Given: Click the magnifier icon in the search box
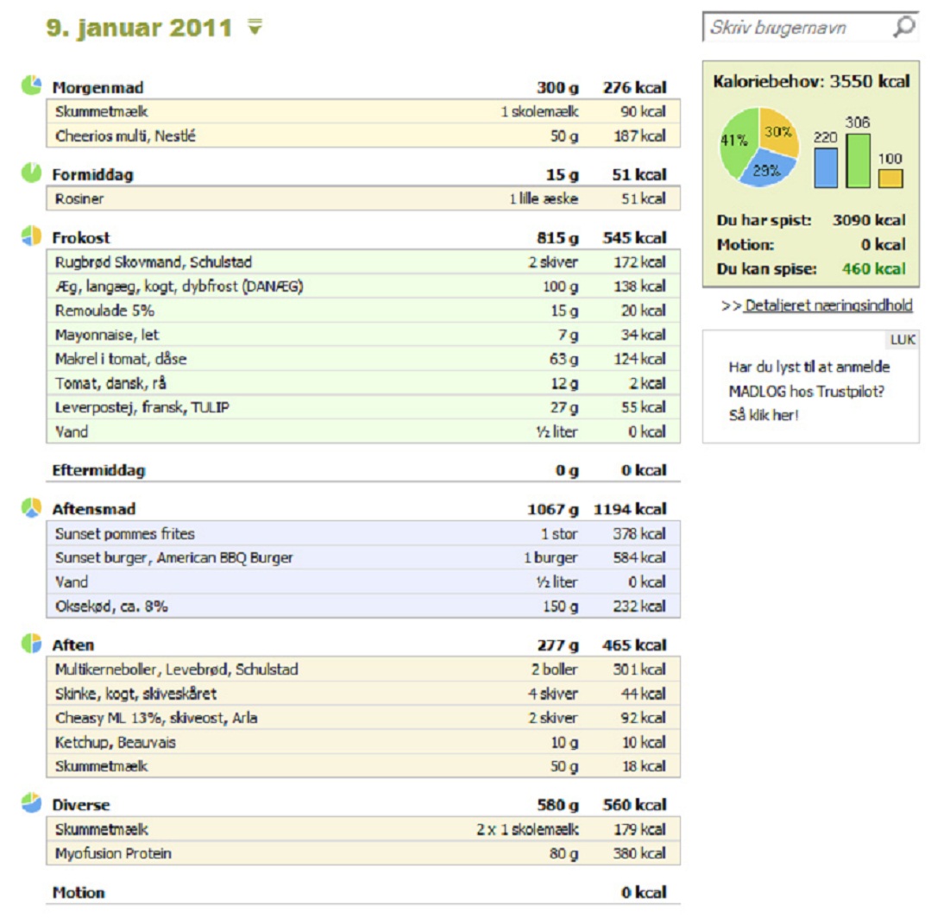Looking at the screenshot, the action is click(903, 27).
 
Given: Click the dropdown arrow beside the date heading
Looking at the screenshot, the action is click(255, 27).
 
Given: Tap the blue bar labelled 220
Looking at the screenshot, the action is click(826, 167).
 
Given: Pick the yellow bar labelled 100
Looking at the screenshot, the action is click(890, 179).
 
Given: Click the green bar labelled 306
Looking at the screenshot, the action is click(858, 160).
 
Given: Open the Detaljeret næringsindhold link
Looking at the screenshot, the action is click(828, 305).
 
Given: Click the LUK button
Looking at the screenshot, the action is click(903, 340).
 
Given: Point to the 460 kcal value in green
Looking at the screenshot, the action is click(873, 269).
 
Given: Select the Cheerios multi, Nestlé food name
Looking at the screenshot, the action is click(125, 136).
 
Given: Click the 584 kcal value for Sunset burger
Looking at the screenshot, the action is click(638, 557).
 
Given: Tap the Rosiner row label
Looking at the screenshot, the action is click(79, 199).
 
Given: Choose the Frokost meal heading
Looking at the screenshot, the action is click(81, 238).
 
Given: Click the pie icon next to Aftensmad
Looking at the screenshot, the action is click(31, 507).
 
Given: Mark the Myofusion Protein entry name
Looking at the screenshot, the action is click(113, 853).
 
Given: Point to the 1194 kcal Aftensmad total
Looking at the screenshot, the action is click(630, 509).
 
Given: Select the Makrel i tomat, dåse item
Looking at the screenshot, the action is click(121, 359).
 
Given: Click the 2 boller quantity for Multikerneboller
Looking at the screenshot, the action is click(554, 670).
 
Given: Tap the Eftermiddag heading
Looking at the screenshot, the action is click(98, 470).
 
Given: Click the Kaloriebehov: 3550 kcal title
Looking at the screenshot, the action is click(811, 81).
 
